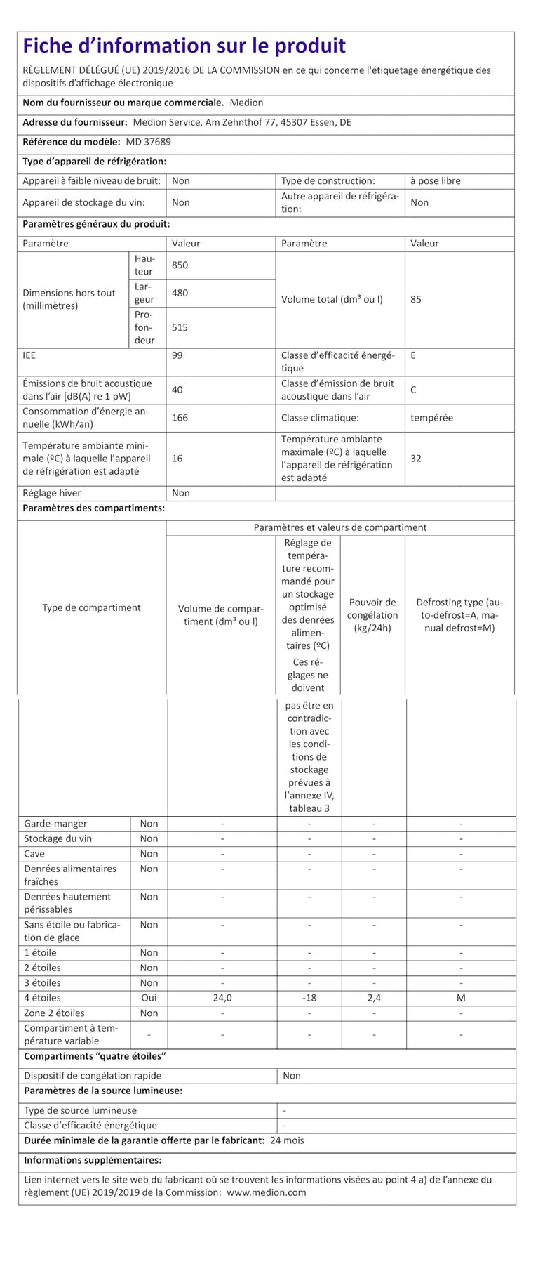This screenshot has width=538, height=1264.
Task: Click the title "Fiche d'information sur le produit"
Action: (184, 46)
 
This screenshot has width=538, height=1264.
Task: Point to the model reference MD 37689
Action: (149, 142)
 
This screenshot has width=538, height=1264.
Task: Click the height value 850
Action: (180, 265)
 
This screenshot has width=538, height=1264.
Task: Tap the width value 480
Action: (180, 293)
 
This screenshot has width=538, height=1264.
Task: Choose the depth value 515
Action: (180, 327)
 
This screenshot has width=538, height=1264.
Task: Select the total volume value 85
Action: (416, 299)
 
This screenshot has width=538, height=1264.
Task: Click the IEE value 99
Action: (177, 355)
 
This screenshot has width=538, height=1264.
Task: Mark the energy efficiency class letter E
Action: (413, 355)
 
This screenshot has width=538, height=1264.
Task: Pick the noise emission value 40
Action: (177, 390)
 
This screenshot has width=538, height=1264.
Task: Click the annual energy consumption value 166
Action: (180, 418)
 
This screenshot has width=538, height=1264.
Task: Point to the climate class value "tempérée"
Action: (431, 418)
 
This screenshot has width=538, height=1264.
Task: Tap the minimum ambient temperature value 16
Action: (177, 459)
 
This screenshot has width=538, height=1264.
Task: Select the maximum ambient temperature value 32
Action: (416, 459)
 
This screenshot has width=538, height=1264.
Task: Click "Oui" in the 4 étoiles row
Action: (149, 998)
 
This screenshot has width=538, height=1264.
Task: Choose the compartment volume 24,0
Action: (222, 998)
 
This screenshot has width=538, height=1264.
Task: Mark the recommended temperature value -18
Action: (309, 998)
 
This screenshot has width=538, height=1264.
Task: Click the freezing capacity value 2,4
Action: (374, 998)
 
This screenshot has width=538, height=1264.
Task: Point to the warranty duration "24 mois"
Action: (287, 1140)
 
